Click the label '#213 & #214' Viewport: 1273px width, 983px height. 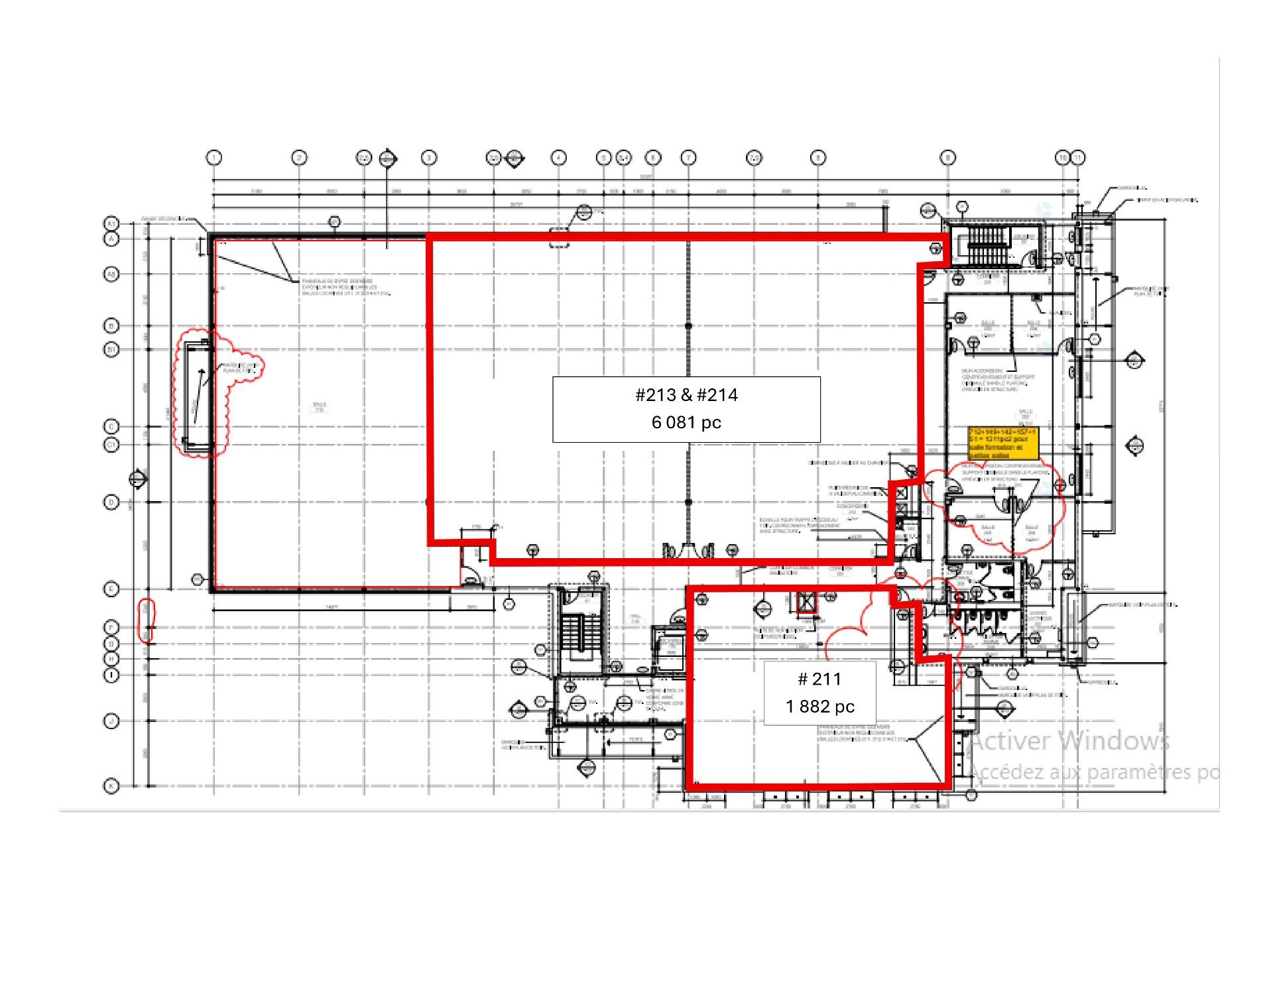pos(686,395)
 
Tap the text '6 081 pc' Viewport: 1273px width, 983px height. pos(686,422)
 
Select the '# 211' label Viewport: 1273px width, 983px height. pos(819,679)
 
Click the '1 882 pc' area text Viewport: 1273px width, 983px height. pos(819,707)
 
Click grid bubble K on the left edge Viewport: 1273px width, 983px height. pos(111,786)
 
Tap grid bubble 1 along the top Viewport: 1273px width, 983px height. pos(213,158)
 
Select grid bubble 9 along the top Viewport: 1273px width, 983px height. pos(948,158)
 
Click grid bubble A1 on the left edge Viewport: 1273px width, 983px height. pos(111,223)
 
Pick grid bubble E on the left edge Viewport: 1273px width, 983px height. pos(111,589)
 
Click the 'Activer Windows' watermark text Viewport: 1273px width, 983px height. pos(1069,740)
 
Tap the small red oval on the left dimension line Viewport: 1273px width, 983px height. pos(147,620)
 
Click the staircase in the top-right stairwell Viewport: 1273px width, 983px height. pos(988,245)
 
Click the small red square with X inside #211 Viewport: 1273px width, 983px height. pos(806,603)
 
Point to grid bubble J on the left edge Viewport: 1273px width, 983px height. pos(111,721)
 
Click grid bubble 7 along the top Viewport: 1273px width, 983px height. pos(689,158)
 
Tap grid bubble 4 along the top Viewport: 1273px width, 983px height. pos(558,158)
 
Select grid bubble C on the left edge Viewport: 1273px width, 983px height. pos(111,426)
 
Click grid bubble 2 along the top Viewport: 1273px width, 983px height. pos(299,158)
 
